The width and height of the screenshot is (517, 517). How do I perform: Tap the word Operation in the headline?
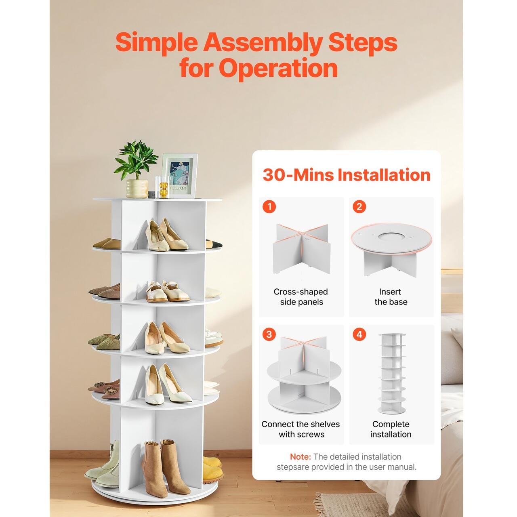coord(278,68)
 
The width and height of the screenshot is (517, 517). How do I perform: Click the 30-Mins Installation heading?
coord(347,174)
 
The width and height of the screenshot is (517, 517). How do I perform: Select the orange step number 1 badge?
coord(269,207)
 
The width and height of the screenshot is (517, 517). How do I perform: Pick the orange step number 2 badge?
coord(359,207)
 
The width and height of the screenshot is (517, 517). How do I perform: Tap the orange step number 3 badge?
coord(269,334)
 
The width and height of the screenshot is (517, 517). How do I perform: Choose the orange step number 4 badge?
coord(359,334)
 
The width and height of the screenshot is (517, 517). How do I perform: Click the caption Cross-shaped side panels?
coord(301,297)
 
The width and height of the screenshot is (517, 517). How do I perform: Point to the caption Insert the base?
coord(391,297)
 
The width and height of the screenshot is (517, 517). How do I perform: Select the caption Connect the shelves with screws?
coord(301,429)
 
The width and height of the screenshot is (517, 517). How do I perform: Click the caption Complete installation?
coord(391,429)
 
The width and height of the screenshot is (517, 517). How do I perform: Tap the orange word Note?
coord(301,456)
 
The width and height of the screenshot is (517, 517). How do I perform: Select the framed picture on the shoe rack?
coord(179,176)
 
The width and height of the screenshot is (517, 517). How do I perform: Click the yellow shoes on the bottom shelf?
coord(213,468)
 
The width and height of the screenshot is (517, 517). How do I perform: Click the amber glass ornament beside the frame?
coord(163,190)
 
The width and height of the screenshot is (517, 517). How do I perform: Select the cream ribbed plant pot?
coord(137,189)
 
